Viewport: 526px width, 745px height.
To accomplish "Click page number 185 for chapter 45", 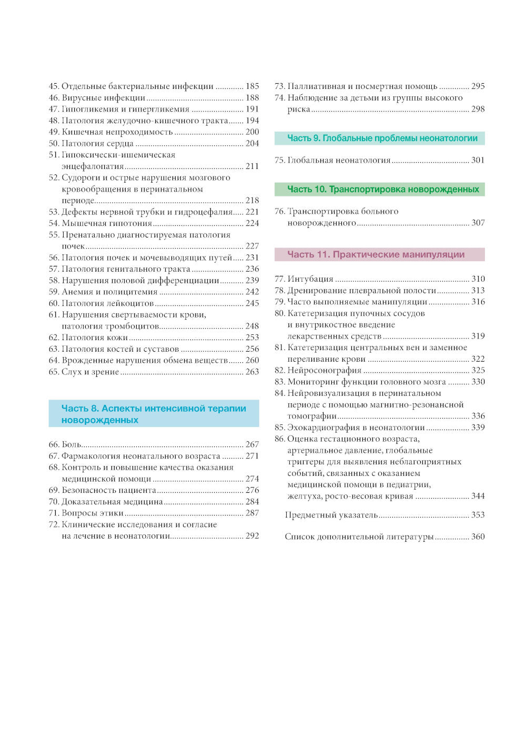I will point(252,86).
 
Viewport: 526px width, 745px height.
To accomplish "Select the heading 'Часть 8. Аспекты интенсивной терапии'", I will point(154,409).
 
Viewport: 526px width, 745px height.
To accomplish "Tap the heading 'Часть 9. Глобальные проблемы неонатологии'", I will point(382,138).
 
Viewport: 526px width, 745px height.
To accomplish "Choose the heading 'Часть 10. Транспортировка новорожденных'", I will point(383,190).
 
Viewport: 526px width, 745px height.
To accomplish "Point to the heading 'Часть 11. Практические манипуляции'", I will point(376,255).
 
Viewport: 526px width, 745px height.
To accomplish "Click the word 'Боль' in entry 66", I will point(72,445).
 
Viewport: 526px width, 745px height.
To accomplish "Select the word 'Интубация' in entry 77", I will point(310,279).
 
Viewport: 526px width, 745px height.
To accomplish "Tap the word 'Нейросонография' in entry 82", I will point(325,371).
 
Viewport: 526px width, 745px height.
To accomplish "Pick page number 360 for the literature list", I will point(478,537).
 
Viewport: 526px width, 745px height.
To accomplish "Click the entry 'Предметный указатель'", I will point(331,515).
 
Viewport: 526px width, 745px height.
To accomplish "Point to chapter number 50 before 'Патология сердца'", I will point(54,144).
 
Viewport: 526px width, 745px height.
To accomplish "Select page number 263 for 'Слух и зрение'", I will point(252,372).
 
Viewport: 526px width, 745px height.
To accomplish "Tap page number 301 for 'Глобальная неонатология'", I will point(478,161).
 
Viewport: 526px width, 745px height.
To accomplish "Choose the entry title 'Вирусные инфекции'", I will point(104,98).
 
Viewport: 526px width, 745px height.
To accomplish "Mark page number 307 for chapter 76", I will point(478,223).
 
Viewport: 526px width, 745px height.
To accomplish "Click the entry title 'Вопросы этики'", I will point(93,513).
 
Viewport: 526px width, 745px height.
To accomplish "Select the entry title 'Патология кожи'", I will point(95,338).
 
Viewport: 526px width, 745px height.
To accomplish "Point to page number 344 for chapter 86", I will point(478,496).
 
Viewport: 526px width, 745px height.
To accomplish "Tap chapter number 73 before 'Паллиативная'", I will point(280,86).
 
